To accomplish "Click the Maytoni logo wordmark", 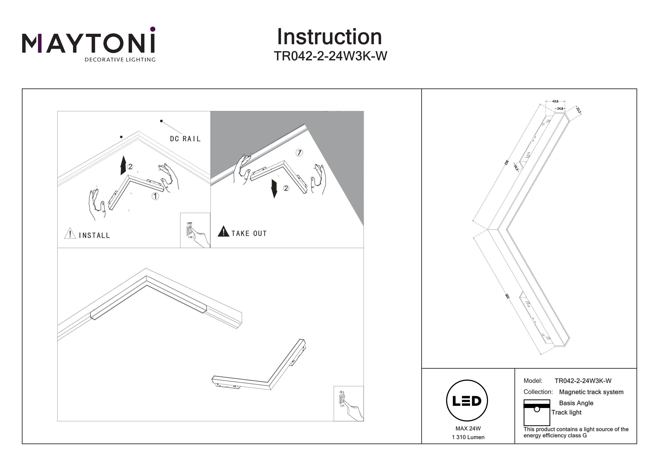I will tap(88, 43).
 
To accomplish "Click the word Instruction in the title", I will tap(329, 37).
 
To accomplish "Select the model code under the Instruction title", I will tap(330, 56).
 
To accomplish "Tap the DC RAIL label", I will tap(185, 139).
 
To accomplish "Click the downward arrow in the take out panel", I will tap(274, 189).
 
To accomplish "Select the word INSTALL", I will tap(94, 236).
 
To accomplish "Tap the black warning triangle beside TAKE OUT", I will tap(223, 232).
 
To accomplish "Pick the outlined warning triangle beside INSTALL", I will tap(70, 233).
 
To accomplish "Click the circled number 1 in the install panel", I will tap(155, 196).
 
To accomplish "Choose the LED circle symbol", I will tap(467, 401).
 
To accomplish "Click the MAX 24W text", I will tap(468, 429).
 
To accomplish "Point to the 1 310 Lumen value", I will tap(468, 437).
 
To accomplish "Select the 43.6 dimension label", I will tap(555, 101).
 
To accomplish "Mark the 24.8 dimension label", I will tap(560, 109).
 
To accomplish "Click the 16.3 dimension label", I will tap(516, 167).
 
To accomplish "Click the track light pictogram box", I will tap(536, 412).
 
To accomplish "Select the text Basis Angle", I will tap(576, 403).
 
